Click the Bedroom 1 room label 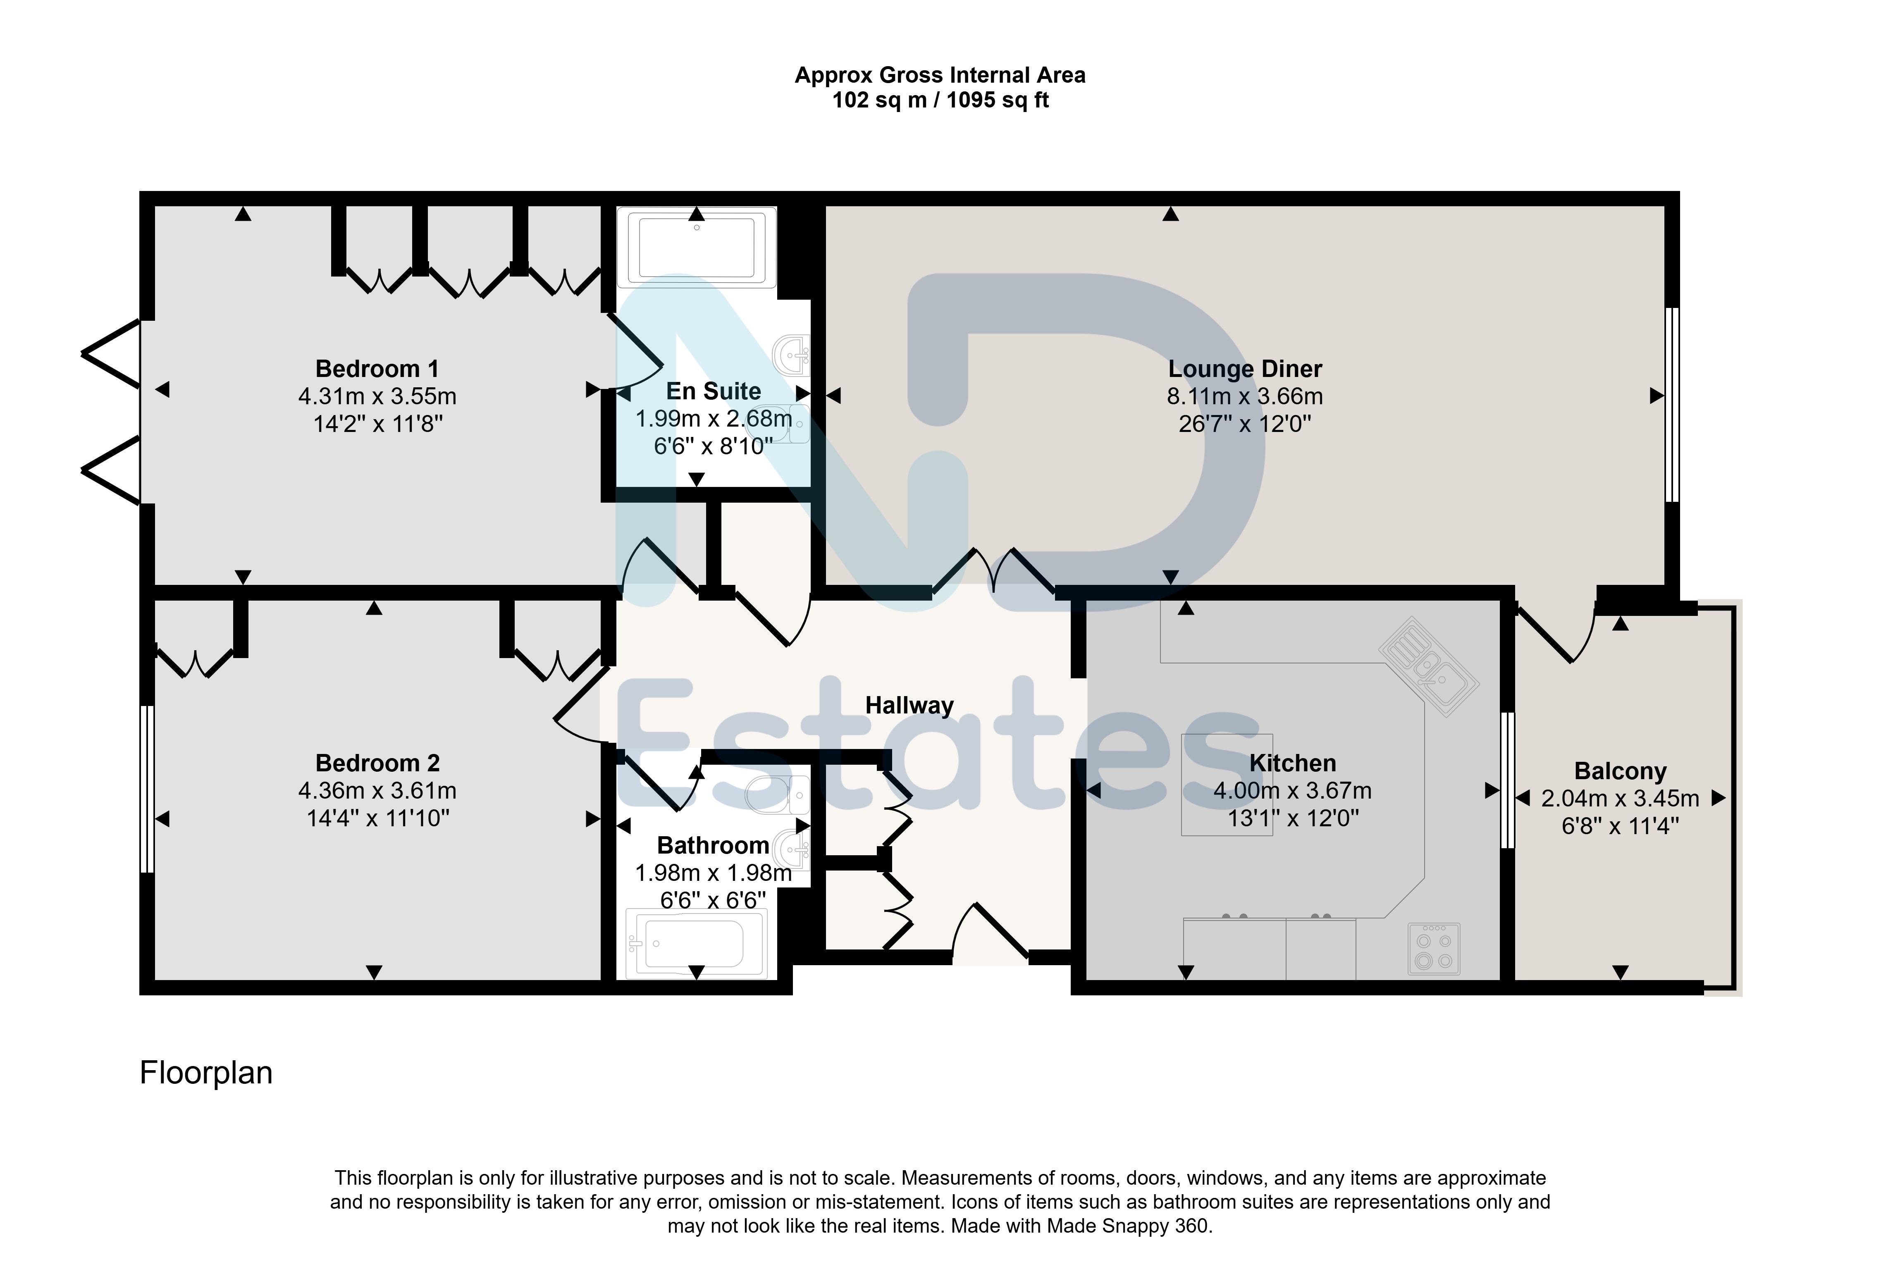click(377, 369)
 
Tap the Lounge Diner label click(1245, 369)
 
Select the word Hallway click(909, 706)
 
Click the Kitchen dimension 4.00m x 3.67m click(1293, 791)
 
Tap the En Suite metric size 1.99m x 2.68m click(713, 419)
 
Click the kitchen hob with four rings click(1433, 949)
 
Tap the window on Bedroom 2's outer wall click(146, 789)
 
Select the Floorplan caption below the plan click(206, 1073)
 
